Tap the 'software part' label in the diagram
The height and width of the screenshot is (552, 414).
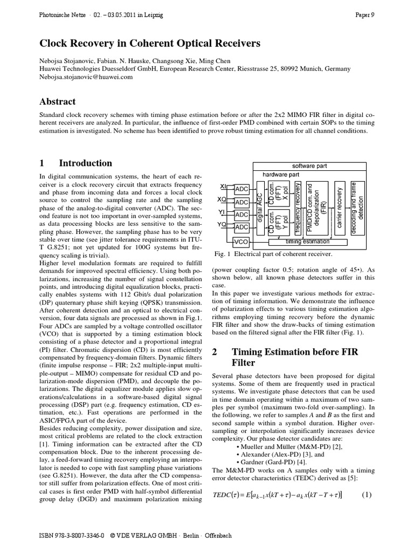click(x=310, y=166)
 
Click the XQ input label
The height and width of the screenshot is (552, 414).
click(x=222, y=200)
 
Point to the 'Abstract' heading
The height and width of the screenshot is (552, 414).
click(x=58, y=101)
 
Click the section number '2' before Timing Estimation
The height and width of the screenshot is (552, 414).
click(x=213, y=352)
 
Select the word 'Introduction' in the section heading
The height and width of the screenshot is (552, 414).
click(x=85, y=163)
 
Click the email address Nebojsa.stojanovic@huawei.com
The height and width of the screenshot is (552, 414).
click(x=86, y=77)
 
